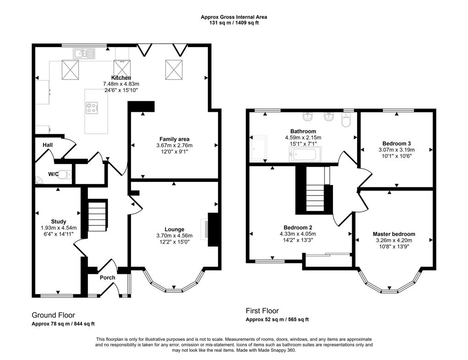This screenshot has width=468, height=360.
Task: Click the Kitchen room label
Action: tap(121, 78)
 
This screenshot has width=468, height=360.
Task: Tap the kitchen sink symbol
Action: tap(83, 54)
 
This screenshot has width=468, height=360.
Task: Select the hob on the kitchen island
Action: tap(92, 108)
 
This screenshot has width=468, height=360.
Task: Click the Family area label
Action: tap(174, 139)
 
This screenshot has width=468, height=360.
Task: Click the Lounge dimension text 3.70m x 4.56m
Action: tap(174, 236)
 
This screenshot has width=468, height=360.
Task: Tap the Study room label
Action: tap(59, 221)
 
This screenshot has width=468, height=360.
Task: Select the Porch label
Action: tap(108, 278)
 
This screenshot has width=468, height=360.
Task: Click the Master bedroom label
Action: tap(394, 234)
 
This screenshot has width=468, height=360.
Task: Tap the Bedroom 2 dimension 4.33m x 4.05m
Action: tap(300, 234)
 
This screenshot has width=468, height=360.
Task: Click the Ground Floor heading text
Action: tap(53, 315)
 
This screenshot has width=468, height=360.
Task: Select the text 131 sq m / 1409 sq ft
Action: tap(234, 23)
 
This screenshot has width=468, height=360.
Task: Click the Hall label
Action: tap(48, 145)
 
